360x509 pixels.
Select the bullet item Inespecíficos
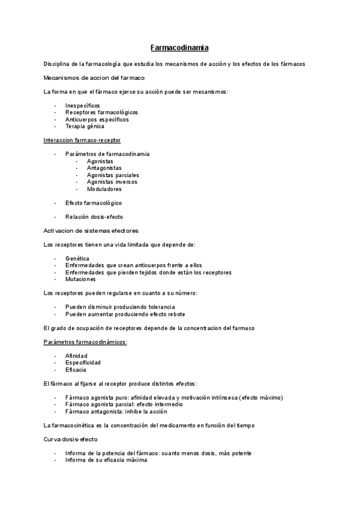pos(83,105)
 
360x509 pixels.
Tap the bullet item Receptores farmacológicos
pos(101,112)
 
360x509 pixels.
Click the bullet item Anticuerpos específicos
pos(97,119)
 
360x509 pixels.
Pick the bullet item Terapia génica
pos(85,127)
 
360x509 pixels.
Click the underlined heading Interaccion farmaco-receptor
pos(82,140)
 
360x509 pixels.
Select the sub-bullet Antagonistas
pos(104,168)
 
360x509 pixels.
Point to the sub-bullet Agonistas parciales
pos(112,175)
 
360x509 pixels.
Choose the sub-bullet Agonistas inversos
pos(112,182)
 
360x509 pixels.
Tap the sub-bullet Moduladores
pos(104,189)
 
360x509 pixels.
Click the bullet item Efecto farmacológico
pos(93,203)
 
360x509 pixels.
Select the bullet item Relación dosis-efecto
pos(94,217)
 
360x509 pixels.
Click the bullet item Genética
pos(77,258)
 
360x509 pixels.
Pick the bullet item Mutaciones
pos(80,279)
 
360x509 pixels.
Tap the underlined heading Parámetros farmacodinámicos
pos(85,342)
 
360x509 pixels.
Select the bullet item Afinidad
pos(76,356)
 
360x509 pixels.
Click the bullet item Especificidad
pos(83,363)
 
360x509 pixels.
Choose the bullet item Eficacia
pos(76,370)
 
